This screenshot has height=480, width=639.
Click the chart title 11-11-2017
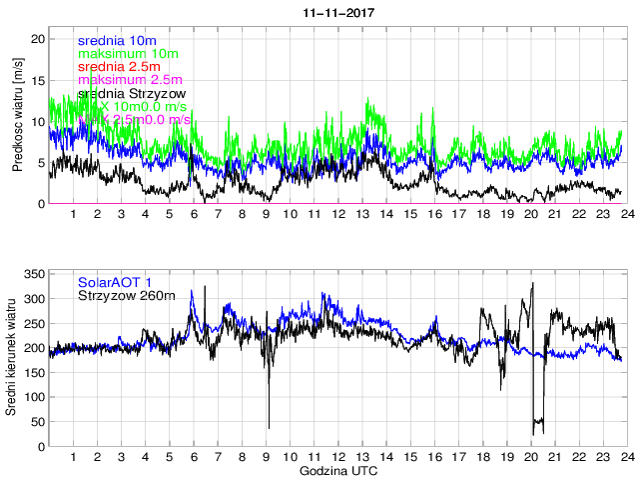point(334,14)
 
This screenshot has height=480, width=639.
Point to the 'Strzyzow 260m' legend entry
point(126,294)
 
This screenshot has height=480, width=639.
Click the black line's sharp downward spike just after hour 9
point(268,428)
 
